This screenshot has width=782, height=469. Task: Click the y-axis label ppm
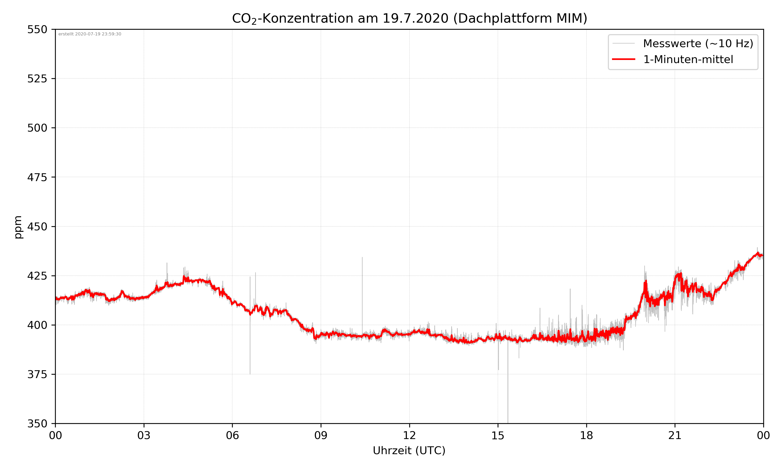click(x=18, y=227)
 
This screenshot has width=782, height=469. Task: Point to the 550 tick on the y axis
click(x=37, y=30)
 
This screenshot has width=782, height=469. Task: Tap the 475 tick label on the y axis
click(x=37, y=177)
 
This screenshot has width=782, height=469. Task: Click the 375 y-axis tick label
click(x=37, y=374)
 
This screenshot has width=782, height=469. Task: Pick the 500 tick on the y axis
click(x=37, y=128)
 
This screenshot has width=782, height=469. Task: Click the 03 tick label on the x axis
click(x=144, y=435)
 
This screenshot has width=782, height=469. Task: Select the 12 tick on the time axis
click(x=409, y=435)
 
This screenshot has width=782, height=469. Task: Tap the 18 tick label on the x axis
click(x=586, y=435)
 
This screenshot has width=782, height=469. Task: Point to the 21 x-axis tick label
click(x=675, y=435)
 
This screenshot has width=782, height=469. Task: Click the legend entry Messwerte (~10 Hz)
click(x=698, y=44)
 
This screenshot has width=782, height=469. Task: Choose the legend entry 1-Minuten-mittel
click(x=688, y=59)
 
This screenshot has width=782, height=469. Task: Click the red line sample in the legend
click(x=623, y=59)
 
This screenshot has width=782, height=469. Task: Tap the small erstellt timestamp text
click(x=90, y=34)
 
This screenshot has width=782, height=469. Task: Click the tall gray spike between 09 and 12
click(x=362, y=285)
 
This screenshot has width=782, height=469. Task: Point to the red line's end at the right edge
click(x=762, y=255)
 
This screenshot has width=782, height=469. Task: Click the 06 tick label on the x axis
click(x=232, y=435)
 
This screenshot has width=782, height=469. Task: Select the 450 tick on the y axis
click(x=37, y=227)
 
